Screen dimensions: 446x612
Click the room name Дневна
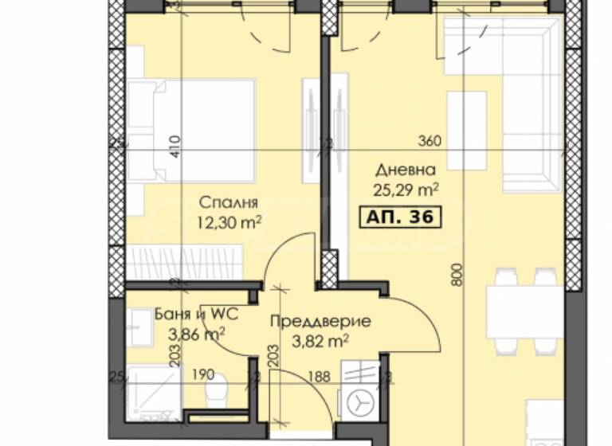(x=406, y=170)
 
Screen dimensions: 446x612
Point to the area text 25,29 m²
(x=406, y=190)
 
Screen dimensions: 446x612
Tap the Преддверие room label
(x=320, y=321)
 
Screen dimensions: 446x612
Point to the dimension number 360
(x=430, y=142)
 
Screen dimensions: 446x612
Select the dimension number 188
(x=319, y=377)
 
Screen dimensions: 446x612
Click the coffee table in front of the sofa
(x=466, y=131)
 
